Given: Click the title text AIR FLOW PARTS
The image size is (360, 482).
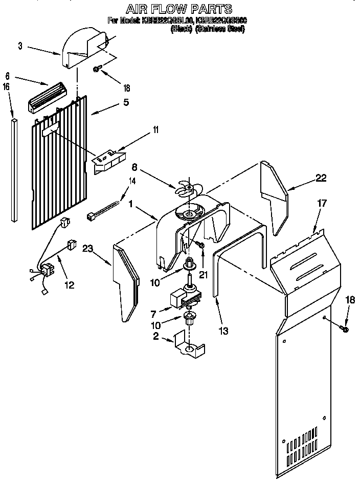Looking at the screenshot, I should coord(179,9).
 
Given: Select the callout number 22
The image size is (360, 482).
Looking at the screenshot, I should coord(321,178).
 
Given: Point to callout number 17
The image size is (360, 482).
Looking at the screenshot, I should coord(321,203).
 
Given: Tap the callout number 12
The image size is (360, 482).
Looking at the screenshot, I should coord(68,285).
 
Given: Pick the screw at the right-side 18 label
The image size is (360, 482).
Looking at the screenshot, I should coord(344,328).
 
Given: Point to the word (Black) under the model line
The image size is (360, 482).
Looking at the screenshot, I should coord(181,29).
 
